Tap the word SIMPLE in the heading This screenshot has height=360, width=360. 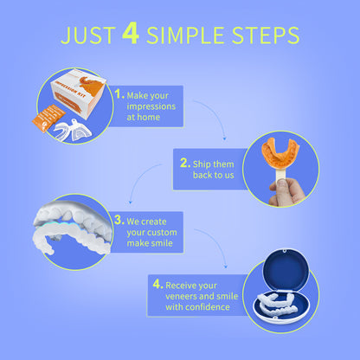pos(185,35)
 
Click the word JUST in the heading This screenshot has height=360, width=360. pos(88,35)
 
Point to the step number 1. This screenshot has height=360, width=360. pos(119,93)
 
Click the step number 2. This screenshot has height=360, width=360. pos(185,163)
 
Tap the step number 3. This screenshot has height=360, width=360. pos(119,220)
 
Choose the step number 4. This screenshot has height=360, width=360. pos(158,284)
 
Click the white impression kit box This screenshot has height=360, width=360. pos(79,93)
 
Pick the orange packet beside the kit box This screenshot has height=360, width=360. pos(48,118)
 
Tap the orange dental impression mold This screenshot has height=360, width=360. pos(280,153)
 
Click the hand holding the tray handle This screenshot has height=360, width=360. pos(286,192)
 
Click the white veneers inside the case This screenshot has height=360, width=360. pos(277,305)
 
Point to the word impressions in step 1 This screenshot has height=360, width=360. pos(151,106)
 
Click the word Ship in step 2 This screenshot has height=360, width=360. pos(202,164)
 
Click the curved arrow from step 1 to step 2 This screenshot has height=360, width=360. pos(216,112)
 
